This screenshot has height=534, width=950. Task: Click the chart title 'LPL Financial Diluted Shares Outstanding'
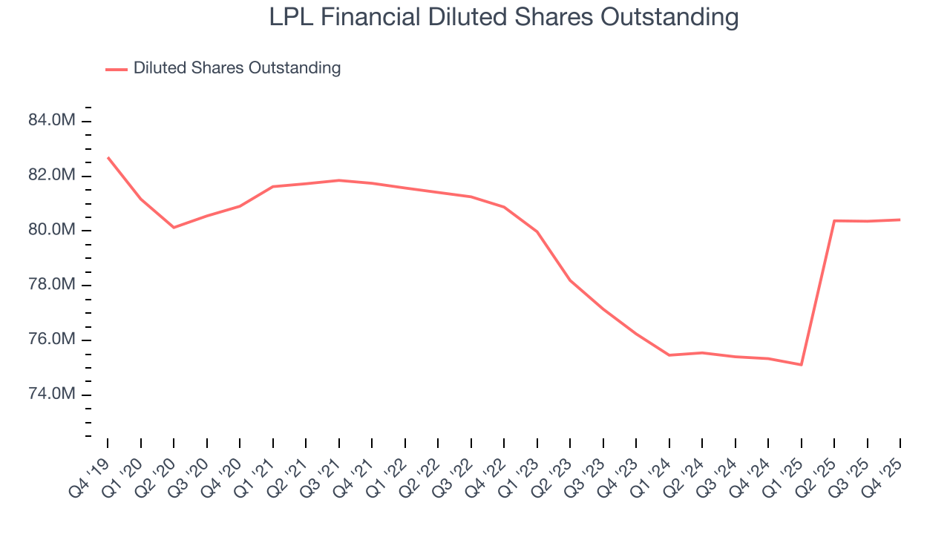504,18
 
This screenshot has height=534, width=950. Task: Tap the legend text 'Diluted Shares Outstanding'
237,68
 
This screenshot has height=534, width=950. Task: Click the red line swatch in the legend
117,69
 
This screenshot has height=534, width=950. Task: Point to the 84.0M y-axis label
51,121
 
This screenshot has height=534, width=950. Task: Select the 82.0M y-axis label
51,176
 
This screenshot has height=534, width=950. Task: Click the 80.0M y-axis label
51,230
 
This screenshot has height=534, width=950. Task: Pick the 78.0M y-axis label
51,285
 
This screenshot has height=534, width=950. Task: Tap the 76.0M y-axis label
51,340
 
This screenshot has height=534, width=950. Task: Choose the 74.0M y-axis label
51,394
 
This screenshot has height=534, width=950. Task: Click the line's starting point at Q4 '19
108,157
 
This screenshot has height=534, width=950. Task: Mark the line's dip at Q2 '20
174,227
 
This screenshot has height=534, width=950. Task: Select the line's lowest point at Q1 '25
802,364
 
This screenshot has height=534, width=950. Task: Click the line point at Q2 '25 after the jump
834,220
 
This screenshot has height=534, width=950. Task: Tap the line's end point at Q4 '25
900,220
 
